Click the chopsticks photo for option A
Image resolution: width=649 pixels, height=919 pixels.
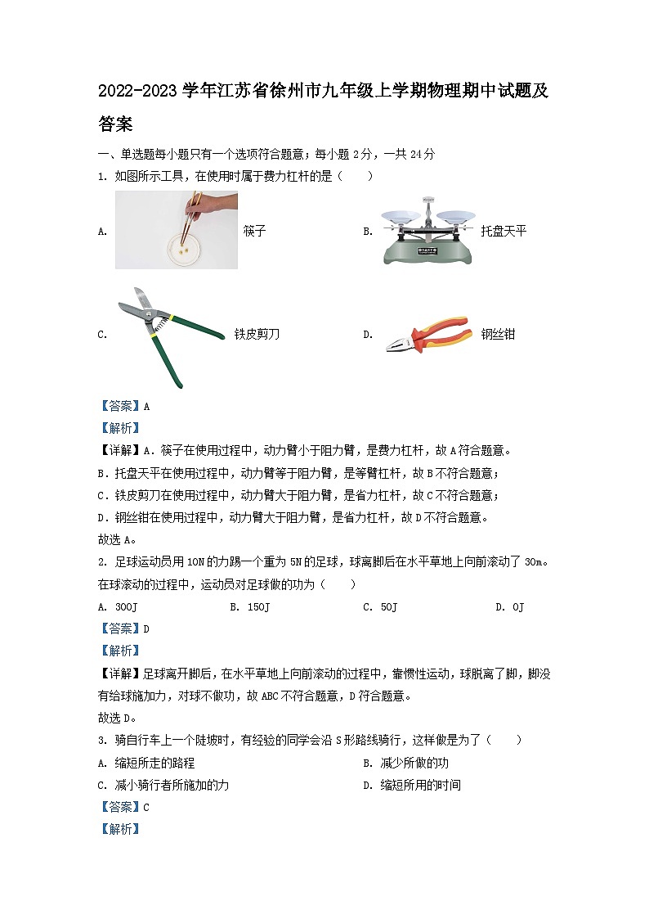[176, 230]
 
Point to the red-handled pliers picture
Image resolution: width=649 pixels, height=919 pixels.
[427, 334]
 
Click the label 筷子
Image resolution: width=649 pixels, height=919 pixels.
[255, 231]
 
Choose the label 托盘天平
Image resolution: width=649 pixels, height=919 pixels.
[504, 231]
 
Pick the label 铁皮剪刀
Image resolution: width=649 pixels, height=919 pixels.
[257, 334]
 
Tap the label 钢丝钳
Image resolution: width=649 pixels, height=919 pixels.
[498, 334]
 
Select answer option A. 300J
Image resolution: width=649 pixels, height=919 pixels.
[115, 606]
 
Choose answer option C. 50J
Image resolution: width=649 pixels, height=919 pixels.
[379, 606]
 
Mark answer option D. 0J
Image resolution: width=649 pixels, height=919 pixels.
[509, 606]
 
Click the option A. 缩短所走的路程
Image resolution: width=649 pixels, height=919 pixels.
[146, 763]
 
